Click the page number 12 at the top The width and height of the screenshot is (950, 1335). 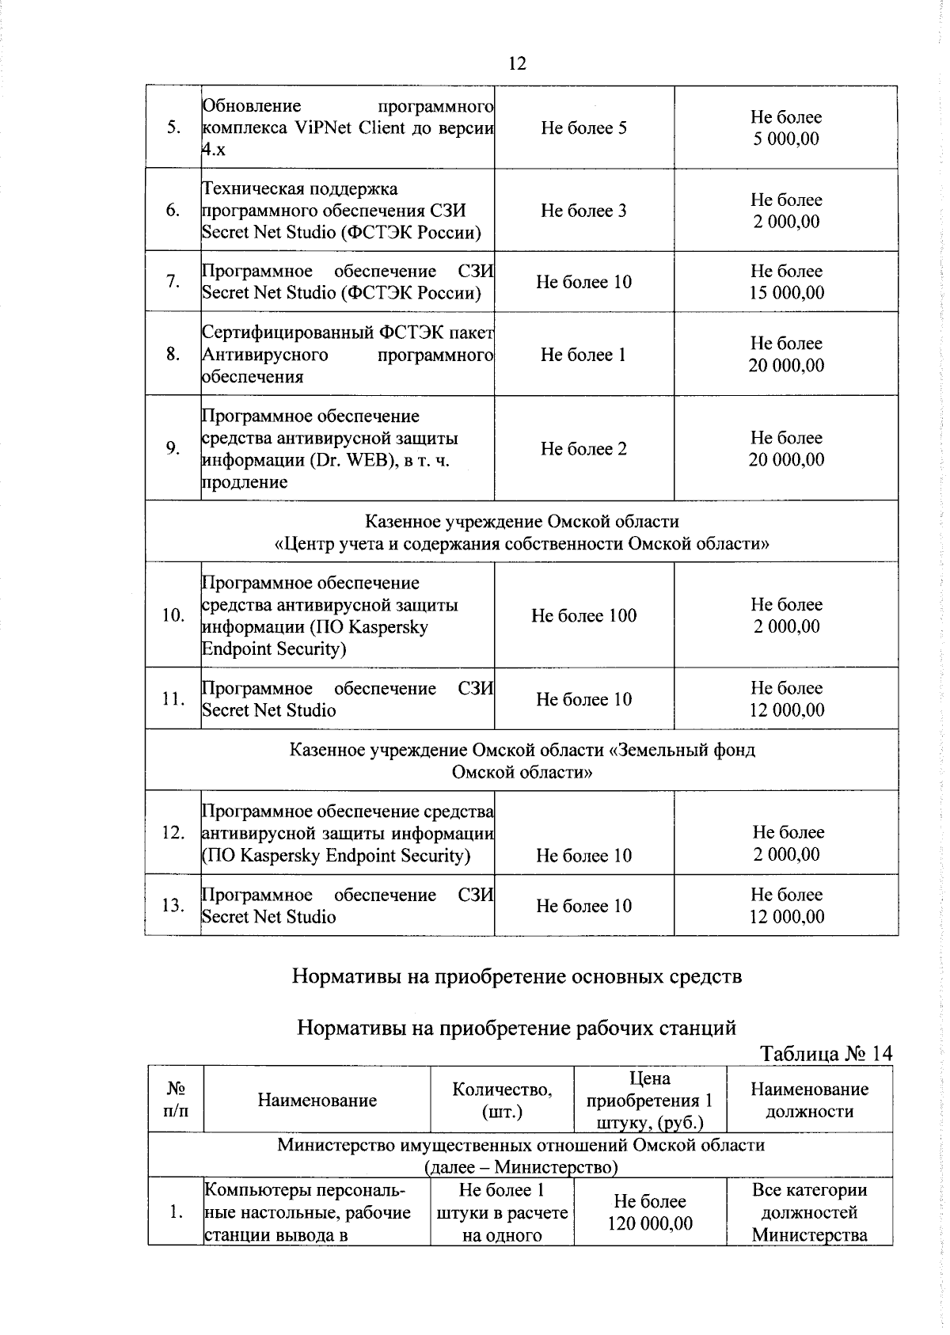coord(516,63)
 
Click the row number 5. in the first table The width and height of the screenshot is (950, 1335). coord(173,128)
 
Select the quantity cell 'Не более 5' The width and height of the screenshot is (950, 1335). coord(583,127)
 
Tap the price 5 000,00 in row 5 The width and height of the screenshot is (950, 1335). coord(786,139)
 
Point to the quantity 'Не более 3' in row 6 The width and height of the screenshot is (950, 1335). coord(583,211)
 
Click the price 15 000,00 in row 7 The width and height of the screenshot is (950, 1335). coord(786,293)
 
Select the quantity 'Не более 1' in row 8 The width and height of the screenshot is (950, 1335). coord(583,355)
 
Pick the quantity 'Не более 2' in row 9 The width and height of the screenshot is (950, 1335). coord(583,449)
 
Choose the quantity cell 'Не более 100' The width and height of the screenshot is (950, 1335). coord(583,616)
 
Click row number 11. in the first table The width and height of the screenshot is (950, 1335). coord(173,699)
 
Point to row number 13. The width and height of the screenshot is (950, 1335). coord(173,906)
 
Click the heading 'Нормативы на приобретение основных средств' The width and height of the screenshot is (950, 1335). coord(517,976)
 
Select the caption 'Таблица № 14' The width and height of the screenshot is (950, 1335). coord(826,1054)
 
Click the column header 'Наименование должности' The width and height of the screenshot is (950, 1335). coord(809,1100)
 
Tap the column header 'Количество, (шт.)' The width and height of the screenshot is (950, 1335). coord(502,1100)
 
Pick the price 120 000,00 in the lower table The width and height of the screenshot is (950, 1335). coord(650,1223)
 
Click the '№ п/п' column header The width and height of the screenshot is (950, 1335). coord(176,1100)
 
